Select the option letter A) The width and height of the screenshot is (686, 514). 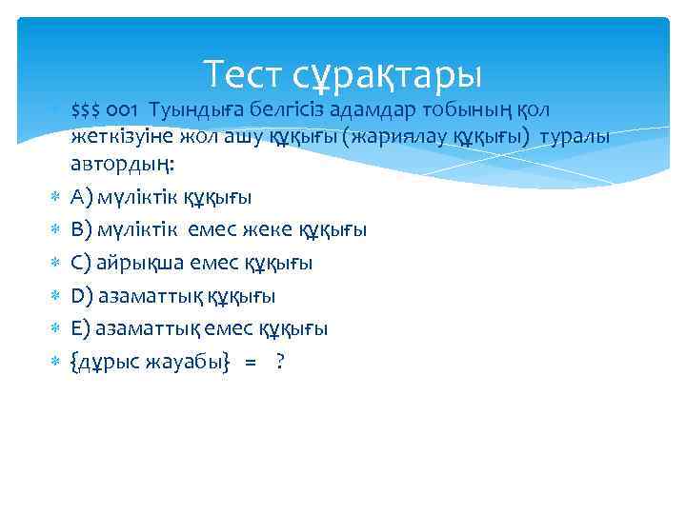[x=82, y=197]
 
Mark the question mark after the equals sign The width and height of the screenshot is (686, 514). [x=280, y=363]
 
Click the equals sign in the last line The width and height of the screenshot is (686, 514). [x=251, y=363]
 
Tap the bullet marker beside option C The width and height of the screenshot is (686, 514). [x=54, y=263]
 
